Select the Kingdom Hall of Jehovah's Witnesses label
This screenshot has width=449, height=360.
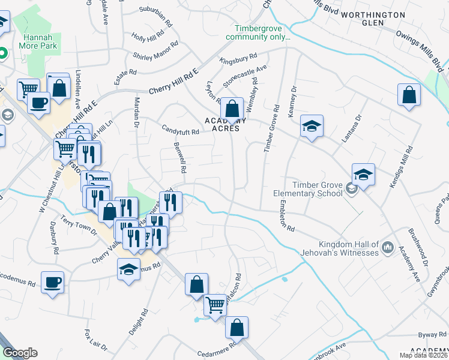[x=349, y=248]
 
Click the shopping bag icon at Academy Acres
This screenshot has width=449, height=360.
[x=232, y=109]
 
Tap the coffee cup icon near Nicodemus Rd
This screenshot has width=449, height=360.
[x=52, y=281]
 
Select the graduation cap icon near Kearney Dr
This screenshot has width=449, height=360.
[x=312, y=126]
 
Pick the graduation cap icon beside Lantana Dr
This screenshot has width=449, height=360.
[x=363, y=175]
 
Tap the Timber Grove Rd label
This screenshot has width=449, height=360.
[x=271, y=129]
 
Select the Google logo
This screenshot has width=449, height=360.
[x=20, y=353]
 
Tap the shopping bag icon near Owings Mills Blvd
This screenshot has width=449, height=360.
[x=409, y=95]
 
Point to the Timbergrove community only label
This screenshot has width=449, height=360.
[x=258, y=32]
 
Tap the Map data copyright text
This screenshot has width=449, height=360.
[x=424, y=355]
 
